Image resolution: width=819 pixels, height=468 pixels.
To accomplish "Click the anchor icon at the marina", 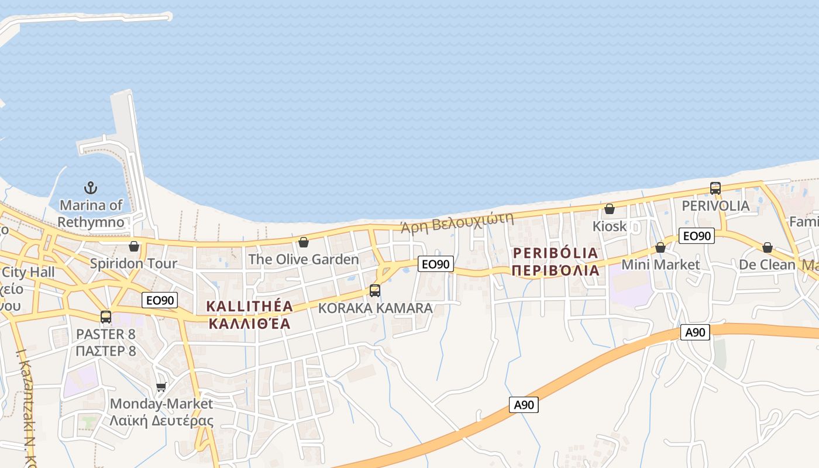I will [91, 188].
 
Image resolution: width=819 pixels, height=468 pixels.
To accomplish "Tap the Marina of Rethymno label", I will [91, 214].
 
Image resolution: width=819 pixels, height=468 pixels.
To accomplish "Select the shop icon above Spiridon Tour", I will [134, 246].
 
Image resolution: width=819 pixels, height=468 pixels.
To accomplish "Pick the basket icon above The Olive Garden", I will [304, 242].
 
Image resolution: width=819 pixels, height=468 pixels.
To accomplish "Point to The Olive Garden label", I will [304, 259].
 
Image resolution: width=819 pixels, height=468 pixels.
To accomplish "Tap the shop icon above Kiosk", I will [610, 209].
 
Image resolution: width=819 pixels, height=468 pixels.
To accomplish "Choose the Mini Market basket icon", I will [660, 247].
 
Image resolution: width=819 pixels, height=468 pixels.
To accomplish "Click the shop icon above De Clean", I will [768, 247].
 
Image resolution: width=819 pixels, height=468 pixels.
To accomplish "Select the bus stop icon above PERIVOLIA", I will [715, 188].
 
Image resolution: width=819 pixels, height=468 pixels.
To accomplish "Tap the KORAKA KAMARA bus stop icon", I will [375, 290].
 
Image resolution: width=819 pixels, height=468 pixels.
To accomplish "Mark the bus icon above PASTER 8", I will [106, 317].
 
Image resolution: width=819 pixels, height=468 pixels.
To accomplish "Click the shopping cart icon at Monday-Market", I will [161, 387].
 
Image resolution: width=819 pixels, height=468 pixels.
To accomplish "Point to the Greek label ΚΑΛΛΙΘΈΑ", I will [250, 324].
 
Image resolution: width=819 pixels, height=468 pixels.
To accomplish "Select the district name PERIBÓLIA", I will [555, 253].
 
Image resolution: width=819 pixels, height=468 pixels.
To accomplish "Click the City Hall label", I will [28, 272].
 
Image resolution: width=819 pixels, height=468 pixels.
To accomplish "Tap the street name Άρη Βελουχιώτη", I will [456, 223].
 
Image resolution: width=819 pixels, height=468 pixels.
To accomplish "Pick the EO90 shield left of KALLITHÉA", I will [160, 300].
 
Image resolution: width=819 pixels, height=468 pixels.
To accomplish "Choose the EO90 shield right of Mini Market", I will [697, 236].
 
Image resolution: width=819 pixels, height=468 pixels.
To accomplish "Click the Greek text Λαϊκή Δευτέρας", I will [162, 421].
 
